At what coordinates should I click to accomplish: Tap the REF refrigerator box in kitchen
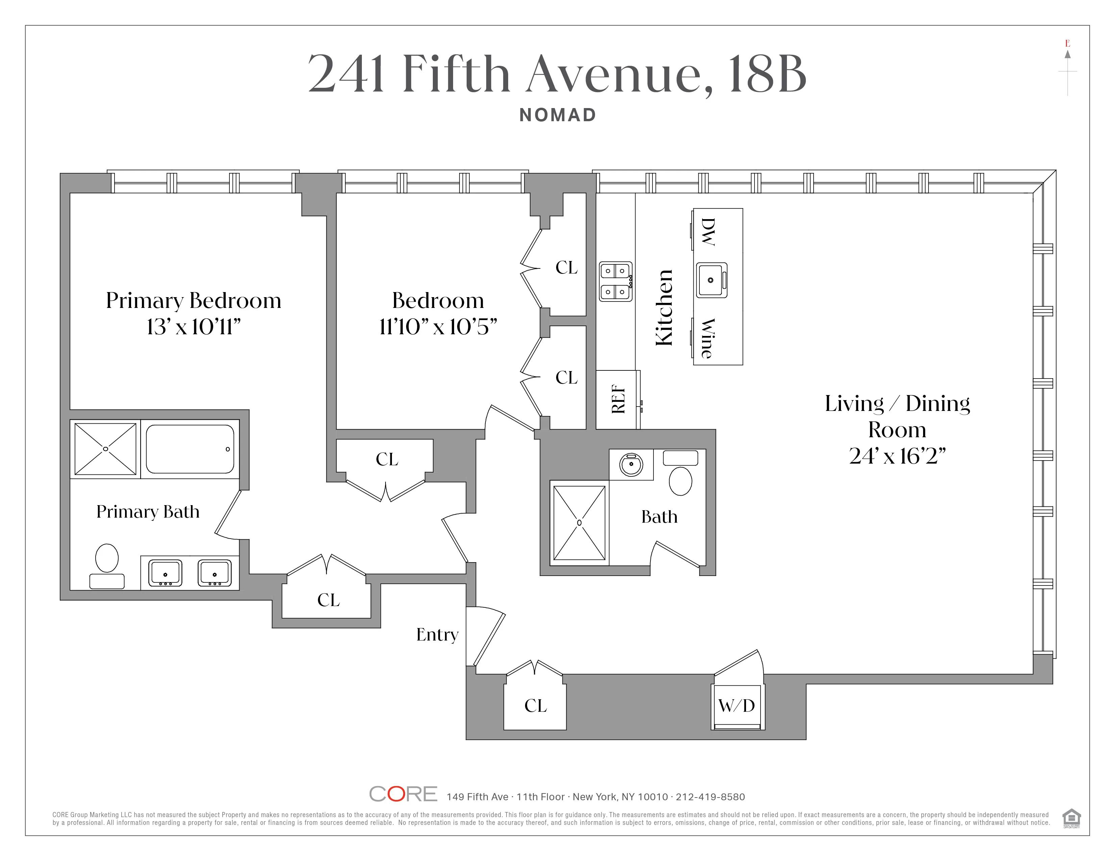pos(618,399)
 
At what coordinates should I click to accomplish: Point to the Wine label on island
pos(708,338)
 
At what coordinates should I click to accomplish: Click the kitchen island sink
pos(711,280)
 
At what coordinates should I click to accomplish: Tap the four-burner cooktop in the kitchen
pos(616,282)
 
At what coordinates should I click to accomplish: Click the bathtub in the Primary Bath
pos(190,449)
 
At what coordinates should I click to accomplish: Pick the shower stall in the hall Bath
pos(579,523)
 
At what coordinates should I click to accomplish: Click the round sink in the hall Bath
pos(631,465)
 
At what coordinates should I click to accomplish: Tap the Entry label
pos(437,634)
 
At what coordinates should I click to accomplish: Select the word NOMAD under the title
pos(557,115)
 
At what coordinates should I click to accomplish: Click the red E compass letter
pos(1067,43)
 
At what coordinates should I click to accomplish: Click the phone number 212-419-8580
pos(710,797)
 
